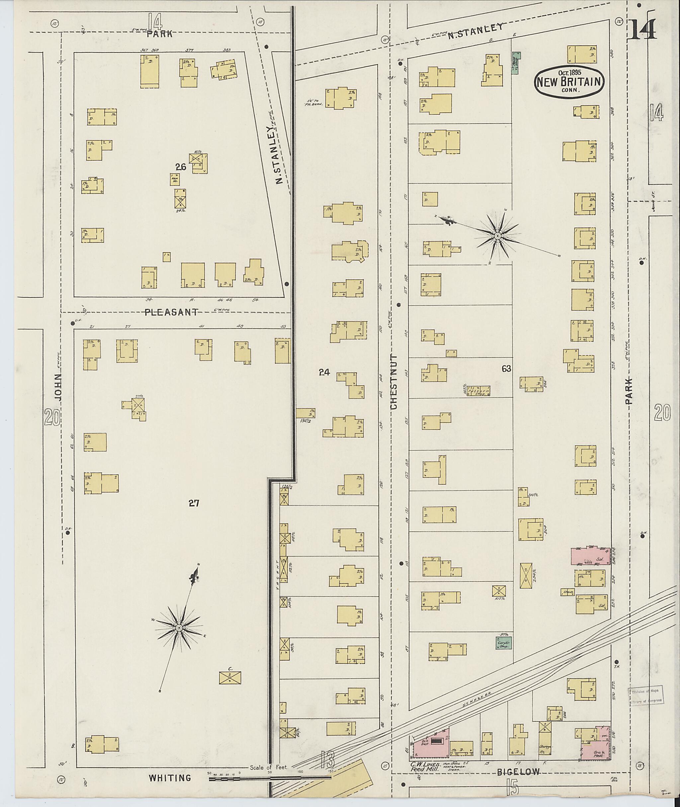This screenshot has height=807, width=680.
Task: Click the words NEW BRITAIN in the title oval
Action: [x=569, y=81]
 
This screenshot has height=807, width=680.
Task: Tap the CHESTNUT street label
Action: [x=393, y=381]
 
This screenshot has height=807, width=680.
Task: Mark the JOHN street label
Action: [x=57, y=387]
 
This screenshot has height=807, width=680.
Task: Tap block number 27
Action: [x=194, y=503]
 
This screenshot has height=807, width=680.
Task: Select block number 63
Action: [x=506, y=369]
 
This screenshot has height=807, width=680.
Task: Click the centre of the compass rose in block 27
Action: [x=179, y=628]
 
